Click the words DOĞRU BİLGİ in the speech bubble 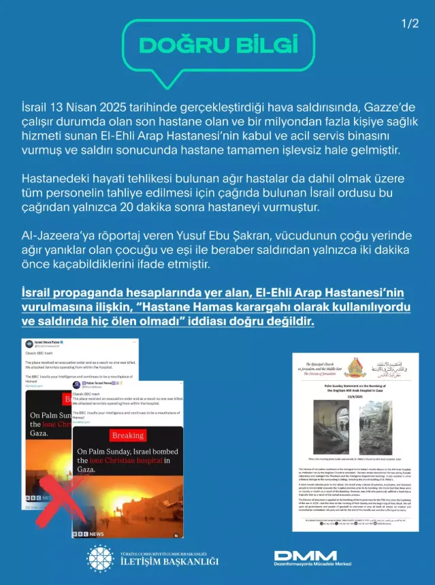coord(219,45)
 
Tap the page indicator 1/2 coord(410,24)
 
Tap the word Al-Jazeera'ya coord(60,235)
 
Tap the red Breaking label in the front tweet coord(128,435)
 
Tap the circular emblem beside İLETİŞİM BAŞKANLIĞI coord(100,558)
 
